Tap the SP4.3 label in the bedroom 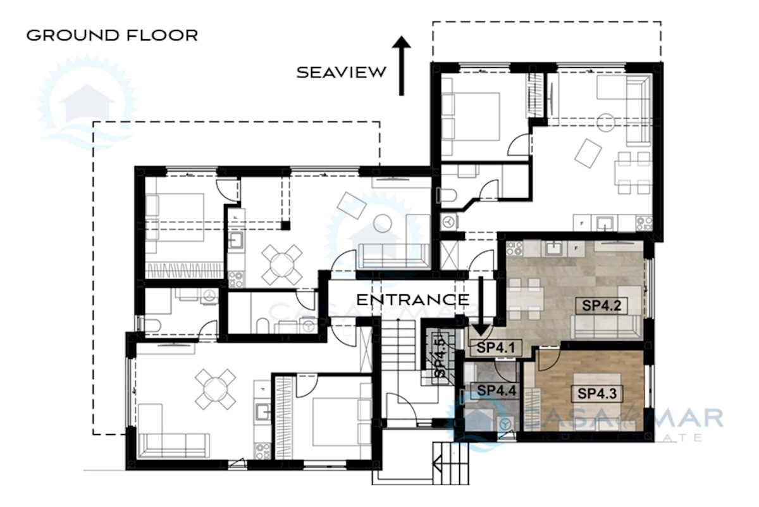597,393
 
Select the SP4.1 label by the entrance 497,347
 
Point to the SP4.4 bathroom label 497,391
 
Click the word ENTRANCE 412,299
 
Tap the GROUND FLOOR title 112,35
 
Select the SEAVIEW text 342,72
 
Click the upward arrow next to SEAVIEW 401,65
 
